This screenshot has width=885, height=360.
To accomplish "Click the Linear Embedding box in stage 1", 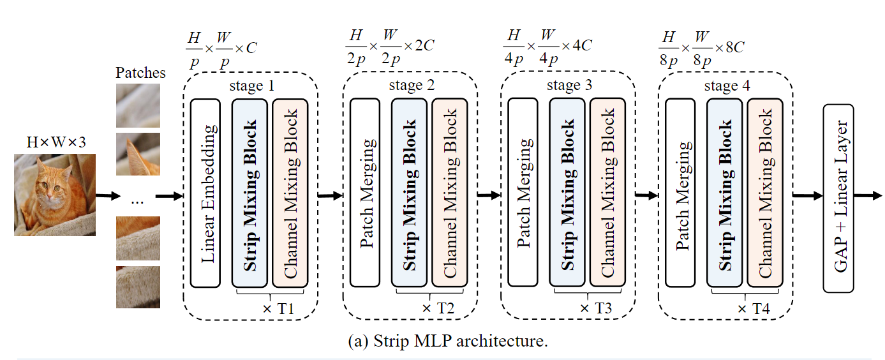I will click(205, 193).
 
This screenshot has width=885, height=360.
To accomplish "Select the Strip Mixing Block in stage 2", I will click(408, 193).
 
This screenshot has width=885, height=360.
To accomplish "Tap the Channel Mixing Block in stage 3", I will click(606, 193).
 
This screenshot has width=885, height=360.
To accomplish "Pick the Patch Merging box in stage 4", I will click(680, 193).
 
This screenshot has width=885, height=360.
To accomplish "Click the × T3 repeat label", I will click(595, 308).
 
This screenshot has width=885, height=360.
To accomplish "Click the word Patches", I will click(140, 73).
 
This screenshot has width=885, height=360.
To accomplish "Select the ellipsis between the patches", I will click(137, 200).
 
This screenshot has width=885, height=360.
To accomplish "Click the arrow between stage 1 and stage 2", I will click(330, 195).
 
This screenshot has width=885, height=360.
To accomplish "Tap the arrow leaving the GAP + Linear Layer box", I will click(868, 195).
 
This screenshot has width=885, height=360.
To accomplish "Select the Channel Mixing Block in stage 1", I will click(290, 193).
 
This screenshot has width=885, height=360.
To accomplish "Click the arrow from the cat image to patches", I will click(107, 195).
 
